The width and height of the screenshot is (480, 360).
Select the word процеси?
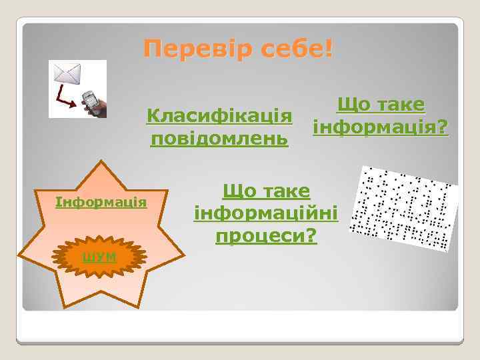pyautogui.click(x=265, y=235)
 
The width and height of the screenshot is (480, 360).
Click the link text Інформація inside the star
pyautogui.click(x=101, y=201)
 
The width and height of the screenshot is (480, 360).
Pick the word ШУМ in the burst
pyautogui.click(x=100, y=257)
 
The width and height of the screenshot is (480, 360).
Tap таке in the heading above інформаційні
pyautogui.click(x=285, y=191)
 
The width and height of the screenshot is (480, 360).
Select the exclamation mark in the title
pyautogui.click(x=331, y=49)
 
